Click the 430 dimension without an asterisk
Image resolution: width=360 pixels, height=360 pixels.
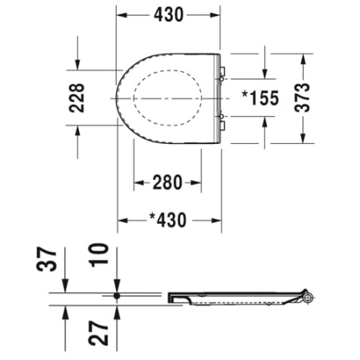[169, 14]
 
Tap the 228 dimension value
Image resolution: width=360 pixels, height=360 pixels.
[76, 98]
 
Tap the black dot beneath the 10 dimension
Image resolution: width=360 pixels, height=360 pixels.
[117, 295]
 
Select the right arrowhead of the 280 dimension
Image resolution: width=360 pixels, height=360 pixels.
[200, 183]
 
